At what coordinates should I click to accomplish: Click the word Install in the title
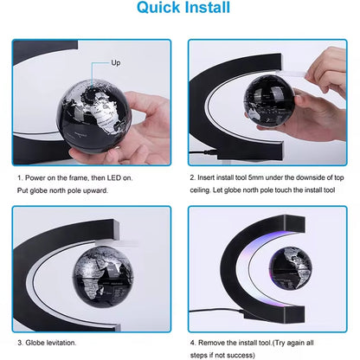(203, 10)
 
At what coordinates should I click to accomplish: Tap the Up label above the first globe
(117, 64)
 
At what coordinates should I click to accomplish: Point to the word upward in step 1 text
(94, 189)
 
